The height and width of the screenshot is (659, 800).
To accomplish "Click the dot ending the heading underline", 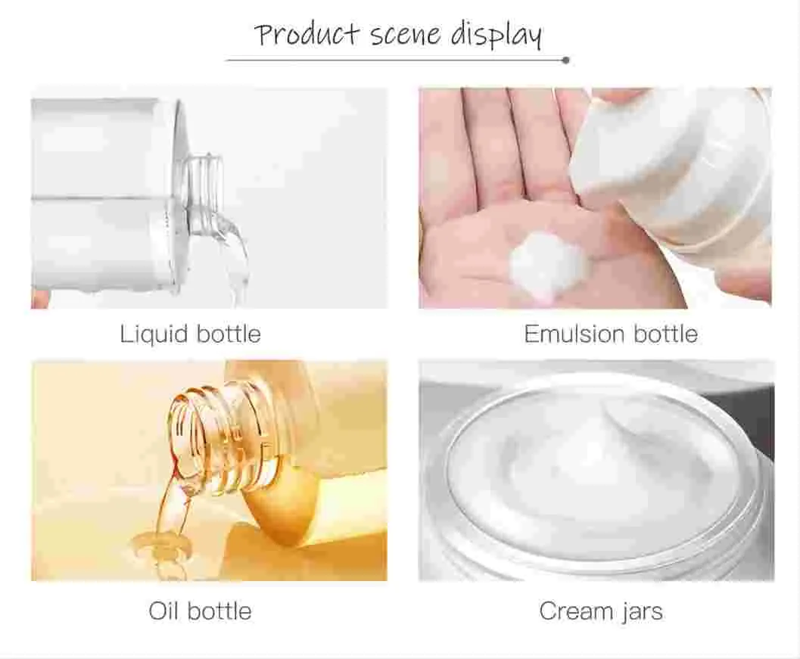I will click(566, 60).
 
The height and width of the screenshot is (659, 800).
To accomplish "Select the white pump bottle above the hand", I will click(674, 166).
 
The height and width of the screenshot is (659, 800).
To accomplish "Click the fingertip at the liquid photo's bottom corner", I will click(39, 299).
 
